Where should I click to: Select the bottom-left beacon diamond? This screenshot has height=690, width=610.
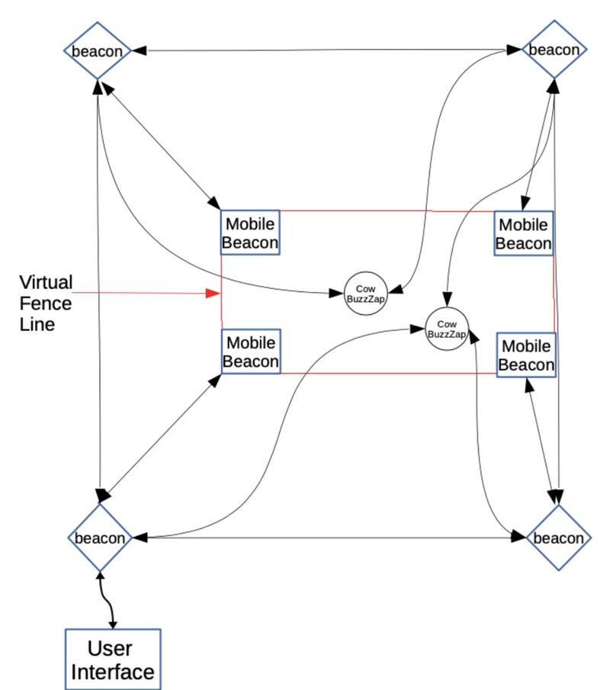100,538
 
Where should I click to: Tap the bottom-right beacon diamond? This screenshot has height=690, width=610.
559,538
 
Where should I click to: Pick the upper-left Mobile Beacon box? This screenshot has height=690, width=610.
250,234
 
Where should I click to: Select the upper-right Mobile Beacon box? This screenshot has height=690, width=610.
524,234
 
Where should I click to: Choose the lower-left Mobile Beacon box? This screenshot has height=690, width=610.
251,351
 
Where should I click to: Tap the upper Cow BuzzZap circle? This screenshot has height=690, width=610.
366,293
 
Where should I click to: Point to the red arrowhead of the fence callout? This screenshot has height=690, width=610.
214,293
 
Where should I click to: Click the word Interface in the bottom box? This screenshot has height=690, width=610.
113,672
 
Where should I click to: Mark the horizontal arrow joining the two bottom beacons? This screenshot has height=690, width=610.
328,538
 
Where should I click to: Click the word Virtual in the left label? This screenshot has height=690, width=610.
46,283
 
